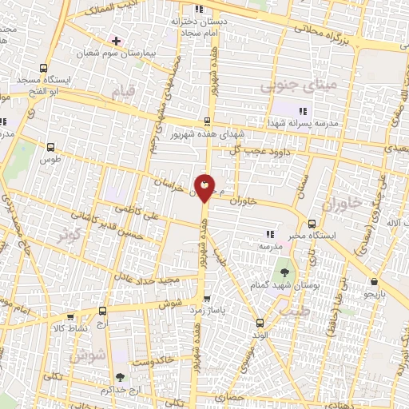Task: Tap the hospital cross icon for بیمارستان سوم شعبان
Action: (x=117, y=40)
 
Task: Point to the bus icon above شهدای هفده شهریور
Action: (x=208, y=121)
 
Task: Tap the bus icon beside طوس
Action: (x=52, y=147)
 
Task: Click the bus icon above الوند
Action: (x=260, y=324)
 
